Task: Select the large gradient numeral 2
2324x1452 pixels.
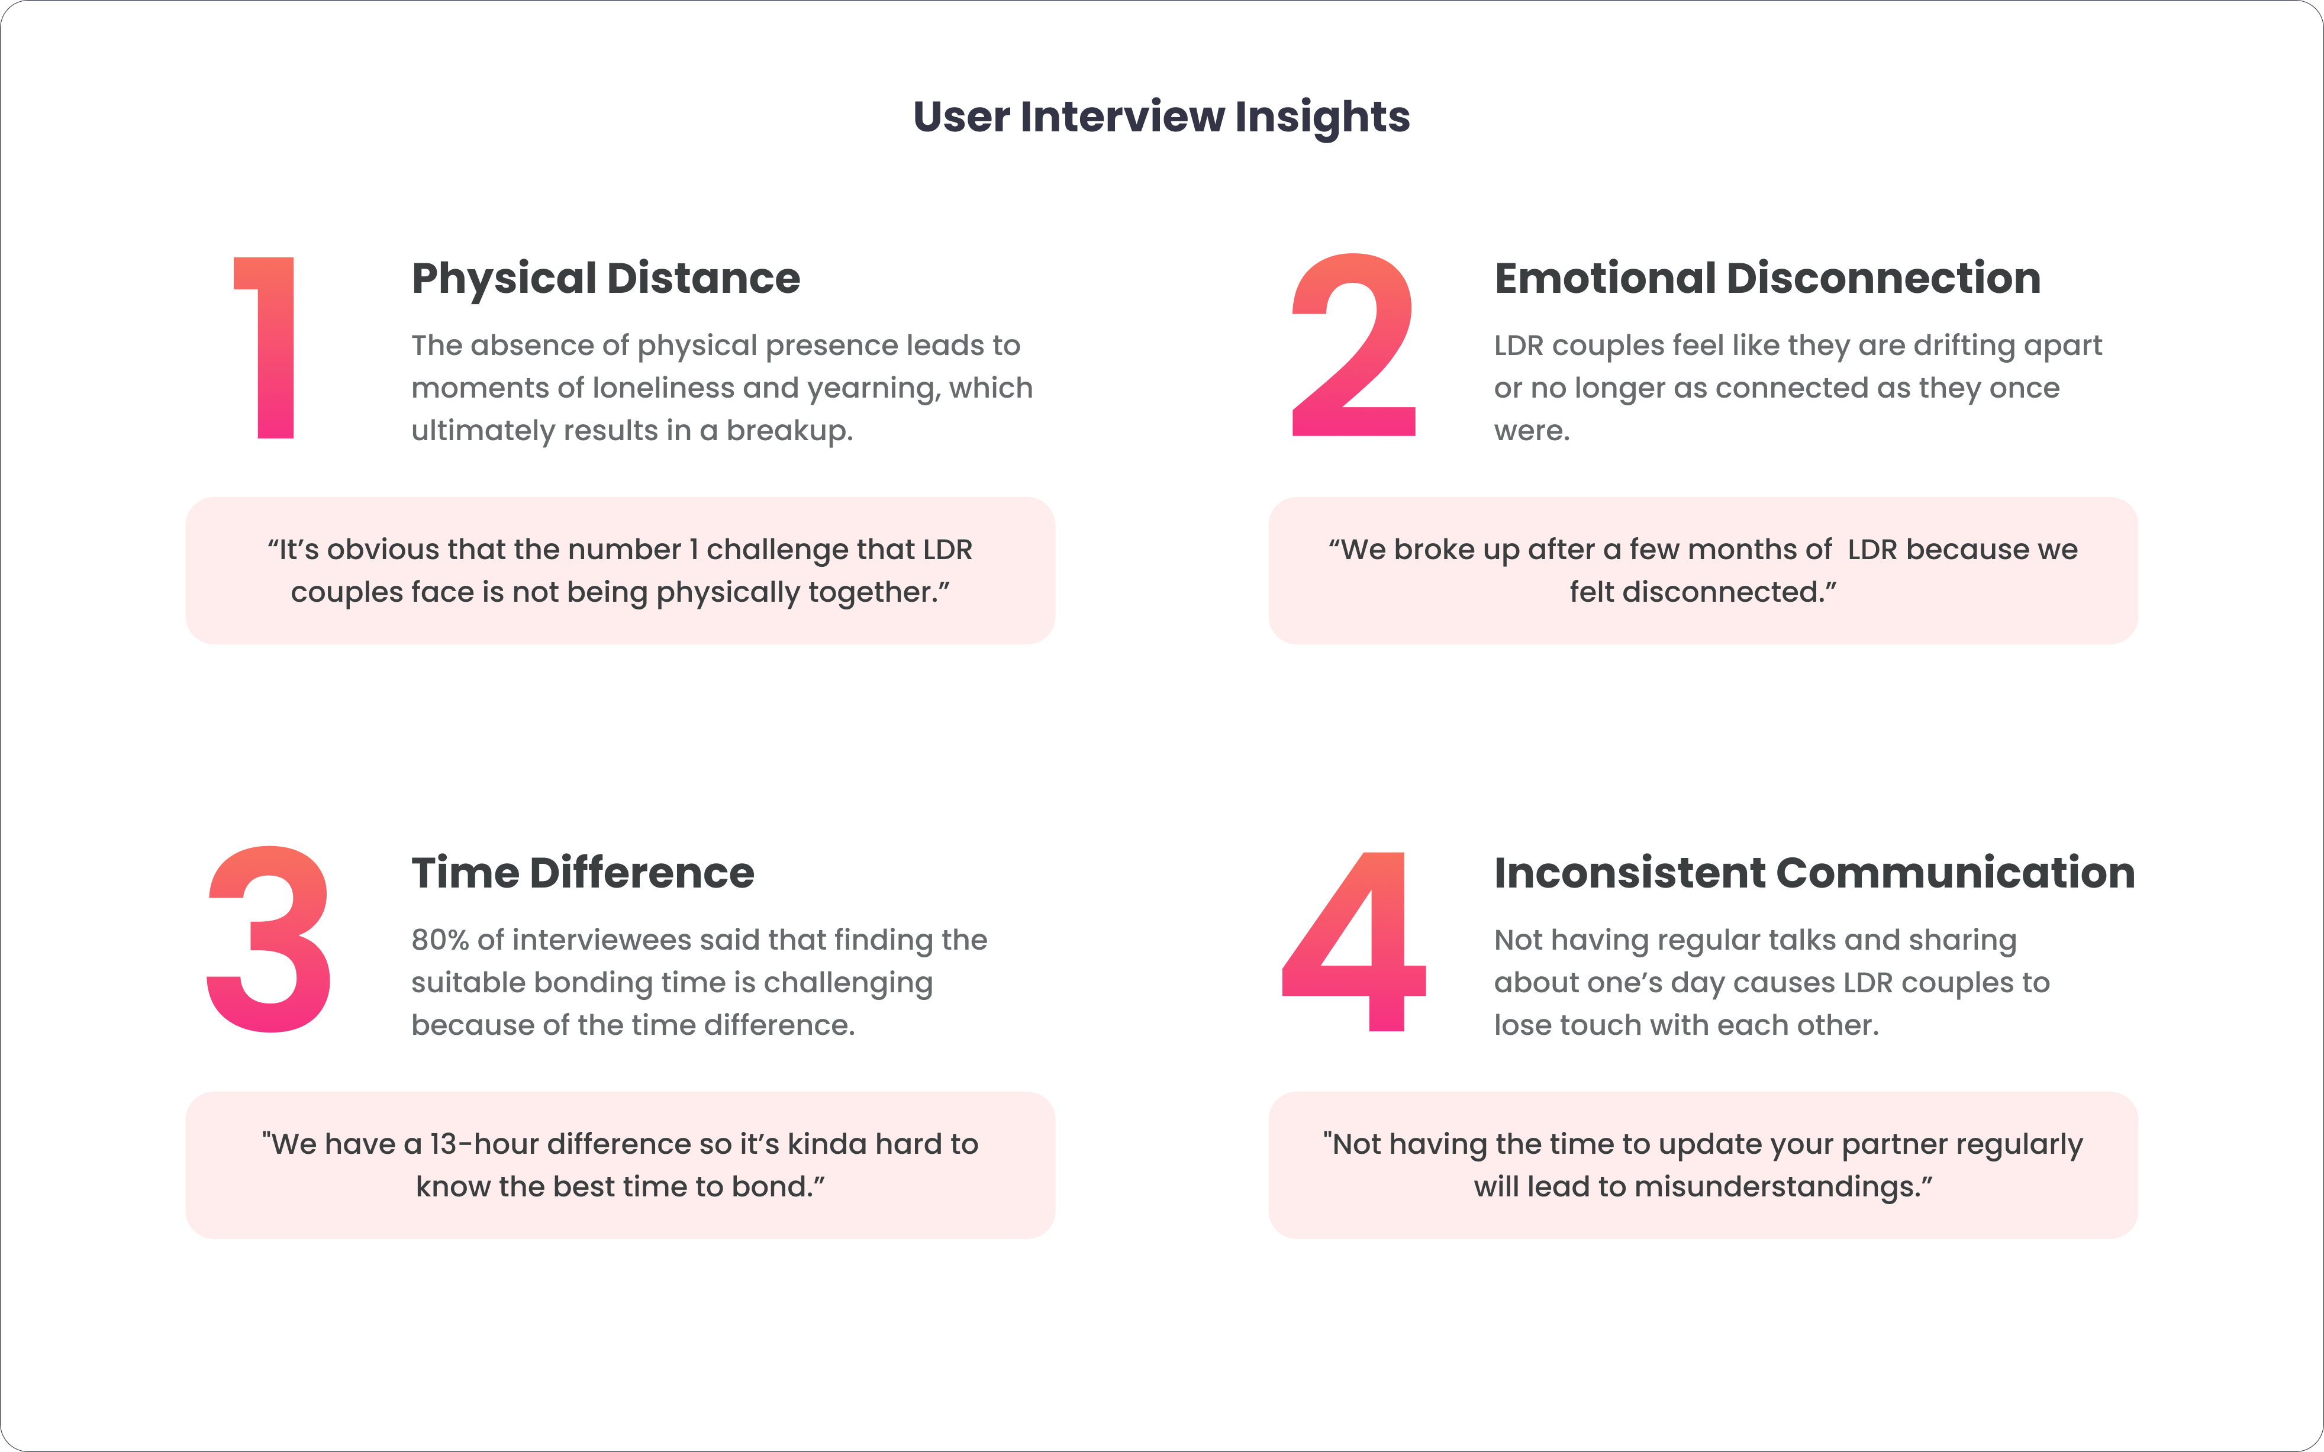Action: tap(1353, 345)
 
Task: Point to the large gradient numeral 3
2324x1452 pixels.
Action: tap(269, 939)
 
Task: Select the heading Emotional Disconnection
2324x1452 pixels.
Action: tap(1767, 279)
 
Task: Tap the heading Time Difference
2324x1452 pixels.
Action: tap(583, 873)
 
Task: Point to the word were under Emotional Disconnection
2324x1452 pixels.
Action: tap(1532, 431)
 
